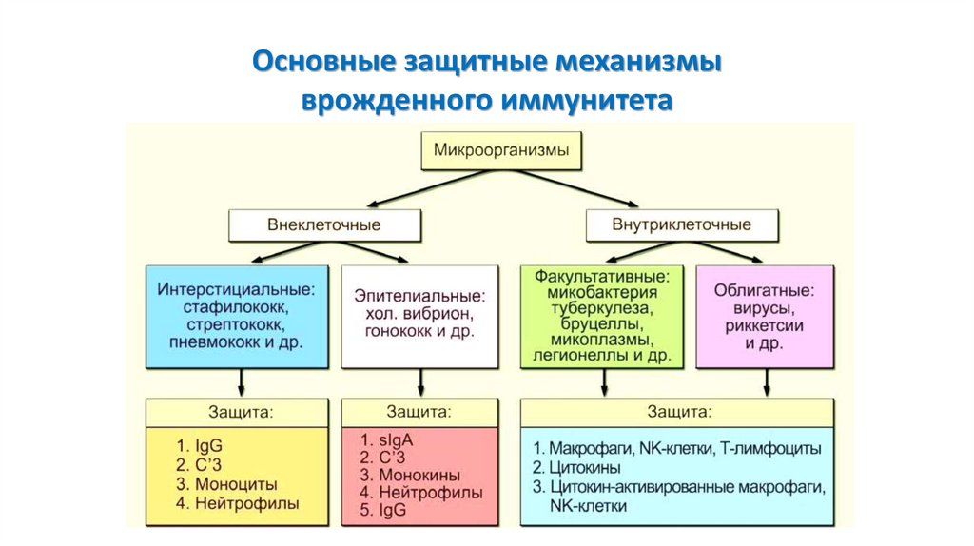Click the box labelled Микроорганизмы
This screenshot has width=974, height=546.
click(x=501, y=150)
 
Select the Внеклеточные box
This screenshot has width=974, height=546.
click(x=324, y=224)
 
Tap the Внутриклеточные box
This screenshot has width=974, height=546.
click(x=681, y=224)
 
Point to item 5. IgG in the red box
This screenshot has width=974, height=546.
click(x=382, y=510)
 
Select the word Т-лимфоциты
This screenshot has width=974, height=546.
click(x=770, y=448)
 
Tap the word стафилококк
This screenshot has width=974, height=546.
click(x=237, y=307)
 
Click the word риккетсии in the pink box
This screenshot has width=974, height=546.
click(x=764, y=325)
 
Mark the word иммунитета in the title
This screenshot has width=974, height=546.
click(x=587, y=99)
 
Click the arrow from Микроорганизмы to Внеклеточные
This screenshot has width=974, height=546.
click(x=429, y=188)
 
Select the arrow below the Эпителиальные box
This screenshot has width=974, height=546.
click(x=420, y=382)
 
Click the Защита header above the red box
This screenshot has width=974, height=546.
click(x=419, y=411)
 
